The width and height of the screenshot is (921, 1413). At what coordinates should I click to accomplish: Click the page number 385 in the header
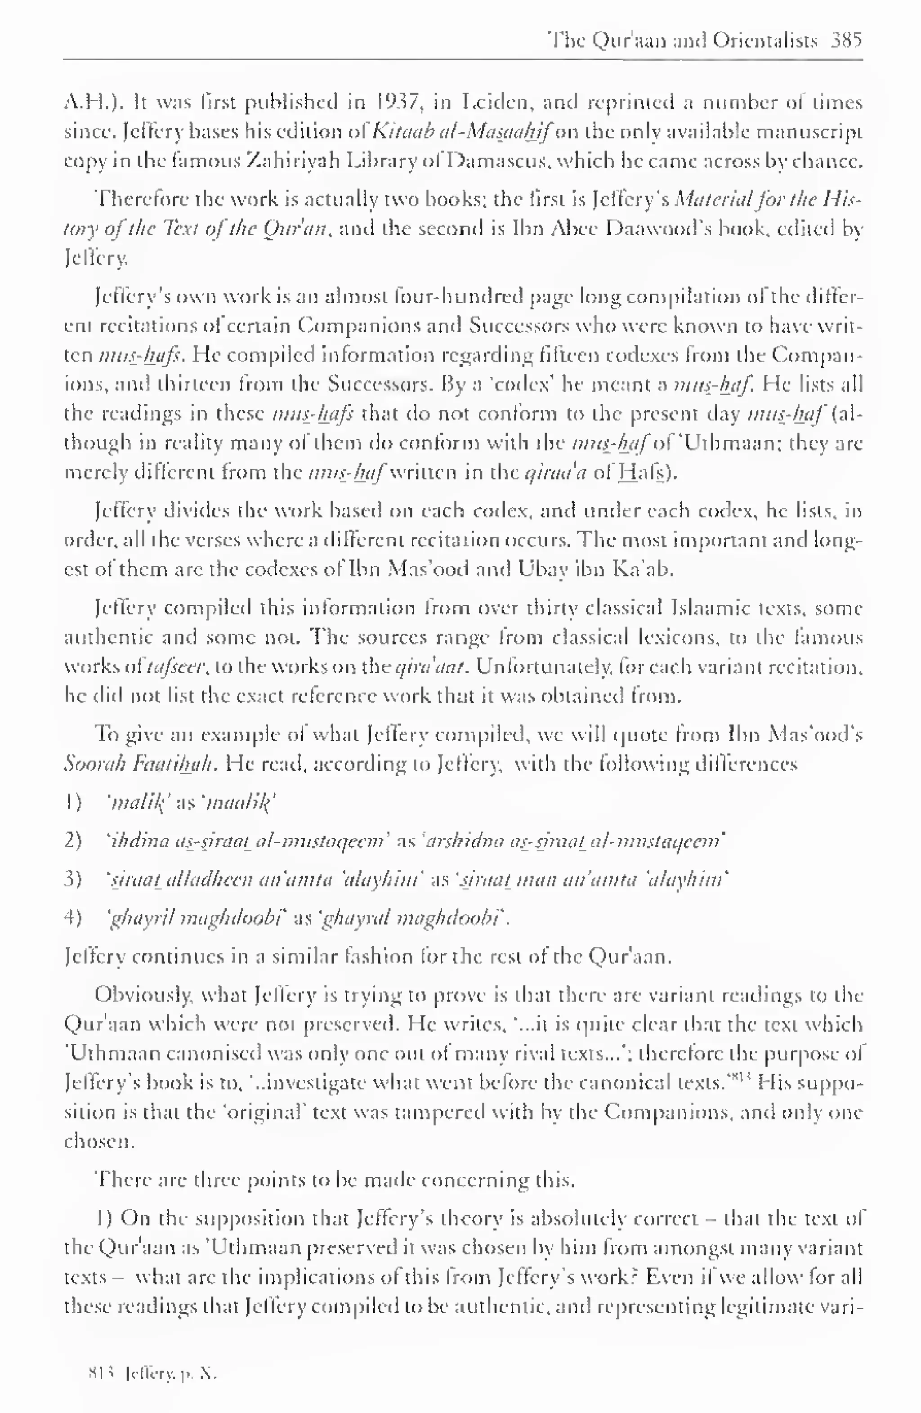click(846, 40)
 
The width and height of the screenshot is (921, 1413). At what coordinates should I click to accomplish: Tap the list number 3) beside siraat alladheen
click(72, 879)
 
